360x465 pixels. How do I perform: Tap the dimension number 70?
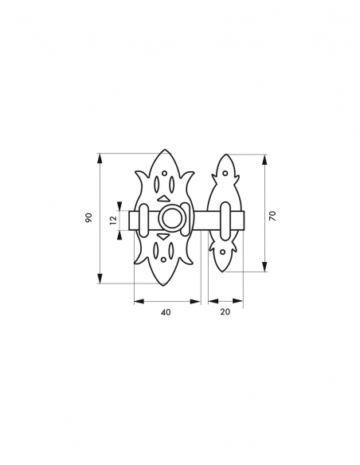[x=272, y=216]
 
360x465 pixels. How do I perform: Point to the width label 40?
[x=166, y=312]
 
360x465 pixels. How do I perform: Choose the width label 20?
[x=225, y=312]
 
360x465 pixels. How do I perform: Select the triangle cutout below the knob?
[x=163, y=236]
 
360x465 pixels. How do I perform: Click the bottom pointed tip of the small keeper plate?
[x=225, y=272]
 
